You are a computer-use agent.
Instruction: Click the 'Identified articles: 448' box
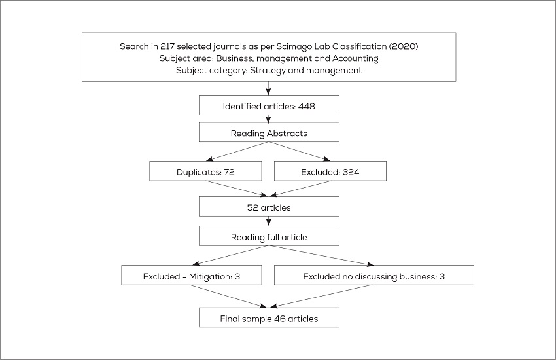coord(269,105)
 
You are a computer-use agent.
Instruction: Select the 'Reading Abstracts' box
coord(269,133)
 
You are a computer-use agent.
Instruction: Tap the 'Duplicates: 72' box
coord(205,171)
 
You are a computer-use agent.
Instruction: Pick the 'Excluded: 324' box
coord(330,171)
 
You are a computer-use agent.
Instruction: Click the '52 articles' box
coord(269,207)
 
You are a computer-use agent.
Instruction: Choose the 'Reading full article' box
coord(269,236)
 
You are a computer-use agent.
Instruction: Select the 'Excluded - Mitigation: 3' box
coord(191,276)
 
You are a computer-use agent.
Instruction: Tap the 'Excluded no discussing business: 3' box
coord(374,276)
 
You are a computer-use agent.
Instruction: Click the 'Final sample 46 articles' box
coord(269,319)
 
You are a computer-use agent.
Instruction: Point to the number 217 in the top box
coord(169,46)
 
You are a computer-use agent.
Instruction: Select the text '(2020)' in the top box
coord(404,46)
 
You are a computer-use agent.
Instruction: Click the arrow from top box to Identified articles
coord(269,88)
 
